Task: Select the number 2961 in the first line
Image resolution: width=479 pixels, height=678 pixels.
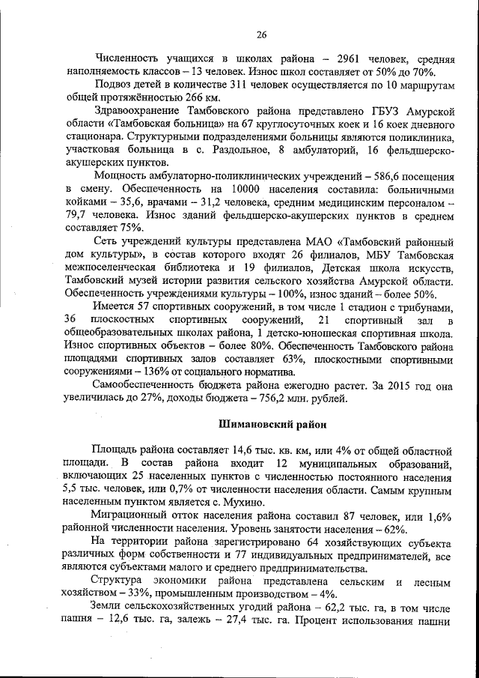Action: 353,58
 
